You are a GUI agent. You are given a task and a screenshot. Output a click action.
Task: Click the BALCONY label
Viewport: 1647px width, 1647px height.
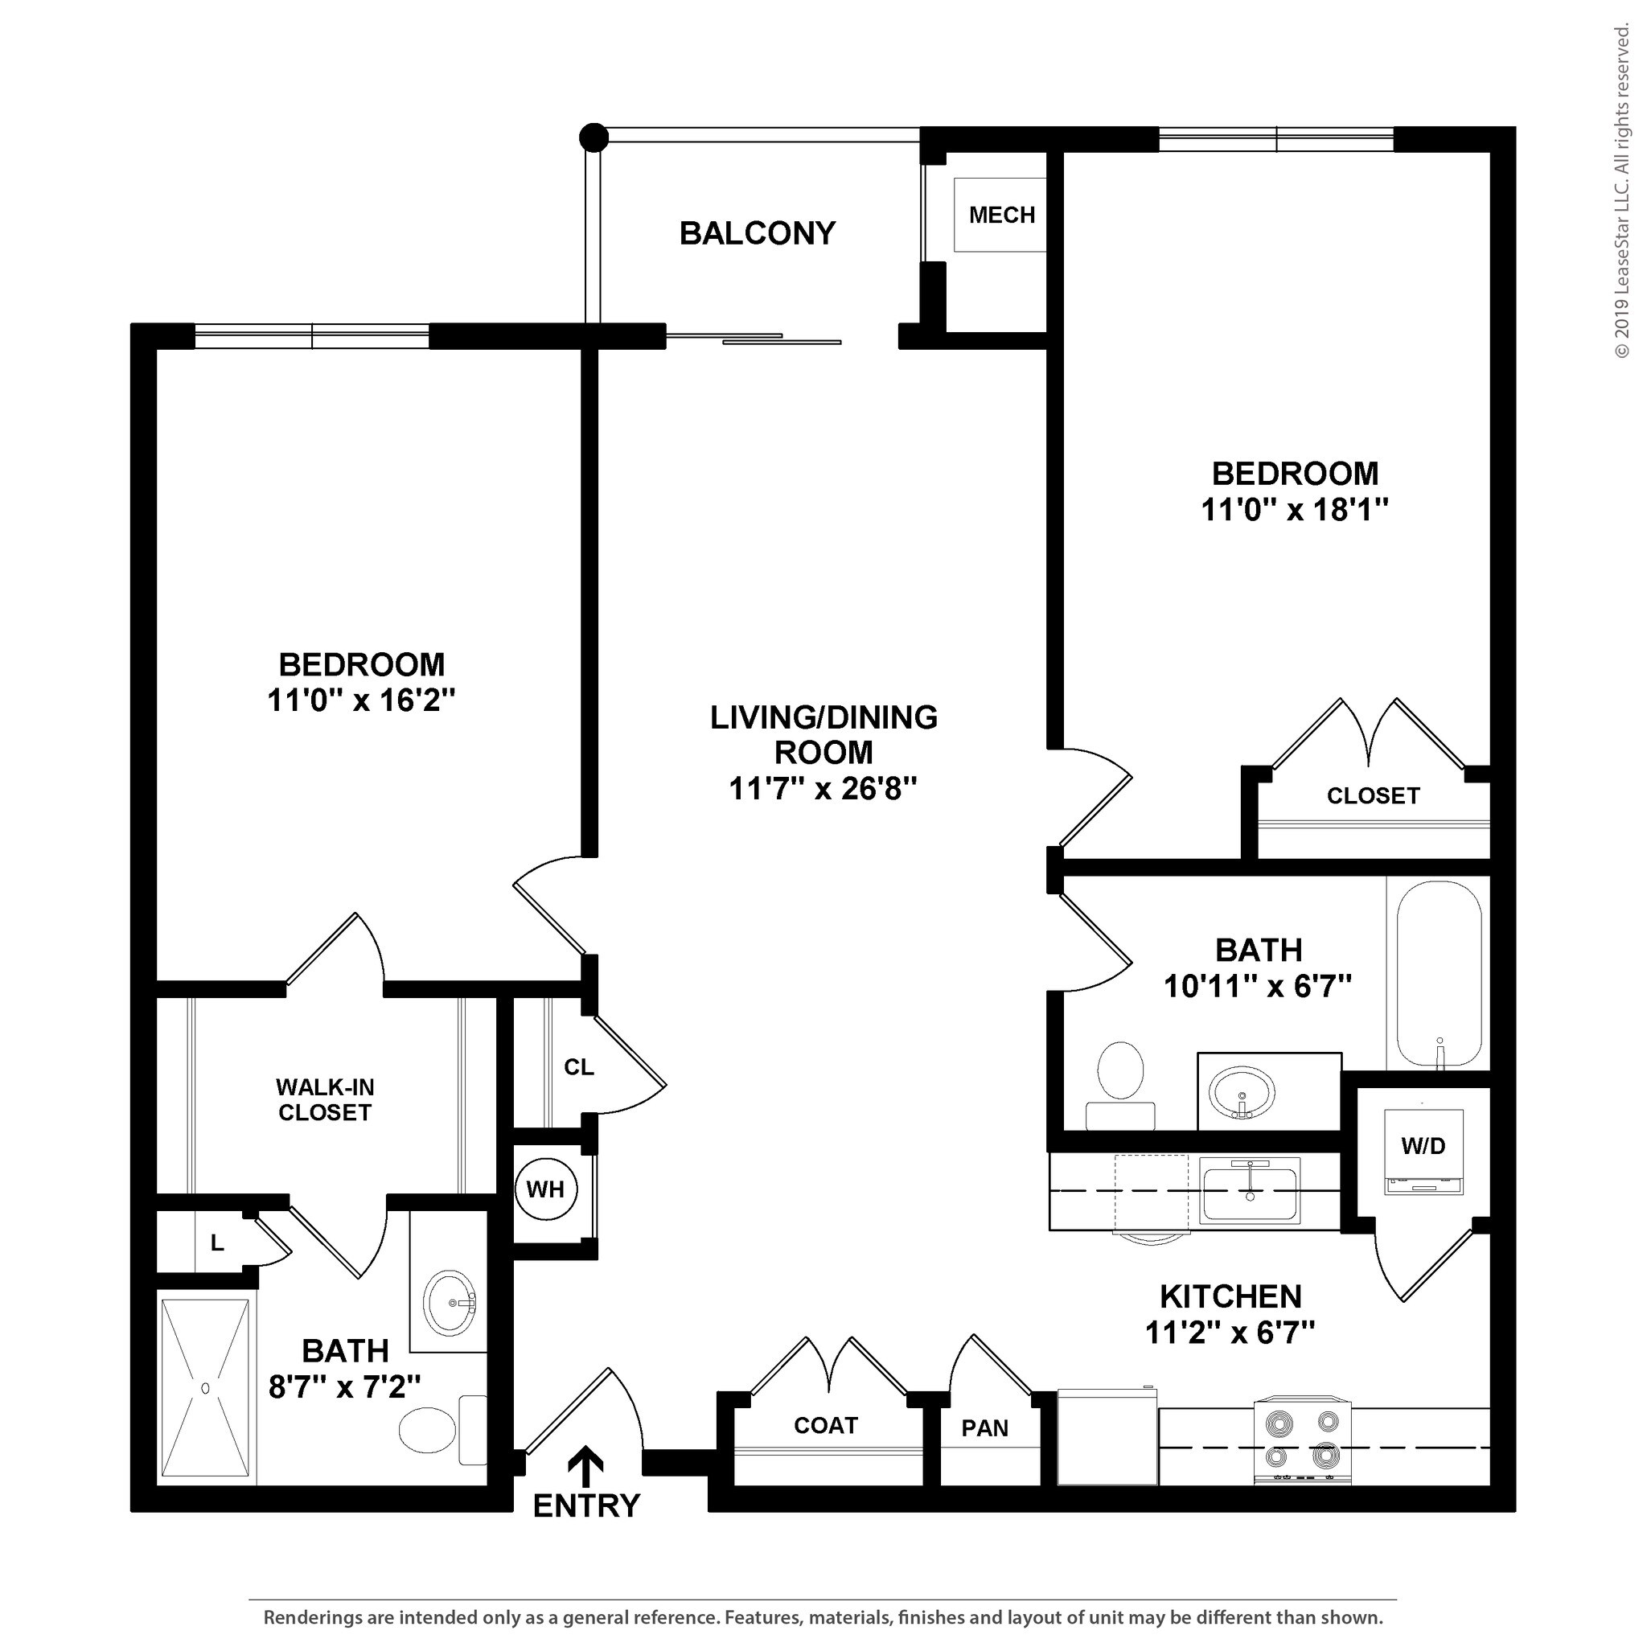coord(757,232)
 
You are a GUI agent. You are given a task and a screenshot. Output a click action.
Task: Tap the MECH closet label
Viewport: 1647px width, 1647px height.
coord(1002,215)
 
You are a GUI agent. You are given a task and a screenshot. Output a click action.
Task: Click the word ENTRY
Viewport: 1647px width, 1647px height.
coord(585,1506)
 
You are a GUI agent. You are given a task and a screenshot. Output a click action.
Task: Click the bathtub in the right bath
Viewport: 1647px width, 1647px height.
coord(1438,974)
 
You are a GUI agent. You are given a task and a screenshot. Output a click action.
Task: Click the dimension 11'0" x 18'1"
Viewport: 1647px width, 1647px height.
coord(1294,510)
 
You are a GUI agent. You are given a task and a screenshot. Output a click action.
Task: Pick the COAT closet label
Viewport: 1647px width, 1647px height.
coord(825,1425)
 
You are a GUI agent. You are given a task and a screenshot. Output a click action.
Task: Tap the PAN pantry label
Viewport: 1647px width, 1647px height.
coord(984,1428)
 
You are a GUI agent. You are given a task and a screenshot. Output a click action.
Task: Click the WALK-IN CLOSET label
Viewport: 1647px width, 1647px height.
coord(325,1099)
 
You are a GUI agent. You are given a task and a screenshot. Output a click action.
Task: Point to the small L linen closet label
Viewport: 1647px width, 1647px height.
coord(217,1243)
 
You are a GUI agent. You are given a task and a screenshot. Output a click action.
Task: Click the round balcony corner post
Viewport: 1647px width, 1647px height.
coord(593,137)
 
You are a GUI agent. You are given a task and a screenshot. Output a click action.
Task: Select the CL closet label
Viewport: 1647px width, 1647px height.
coord(579,1067)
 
